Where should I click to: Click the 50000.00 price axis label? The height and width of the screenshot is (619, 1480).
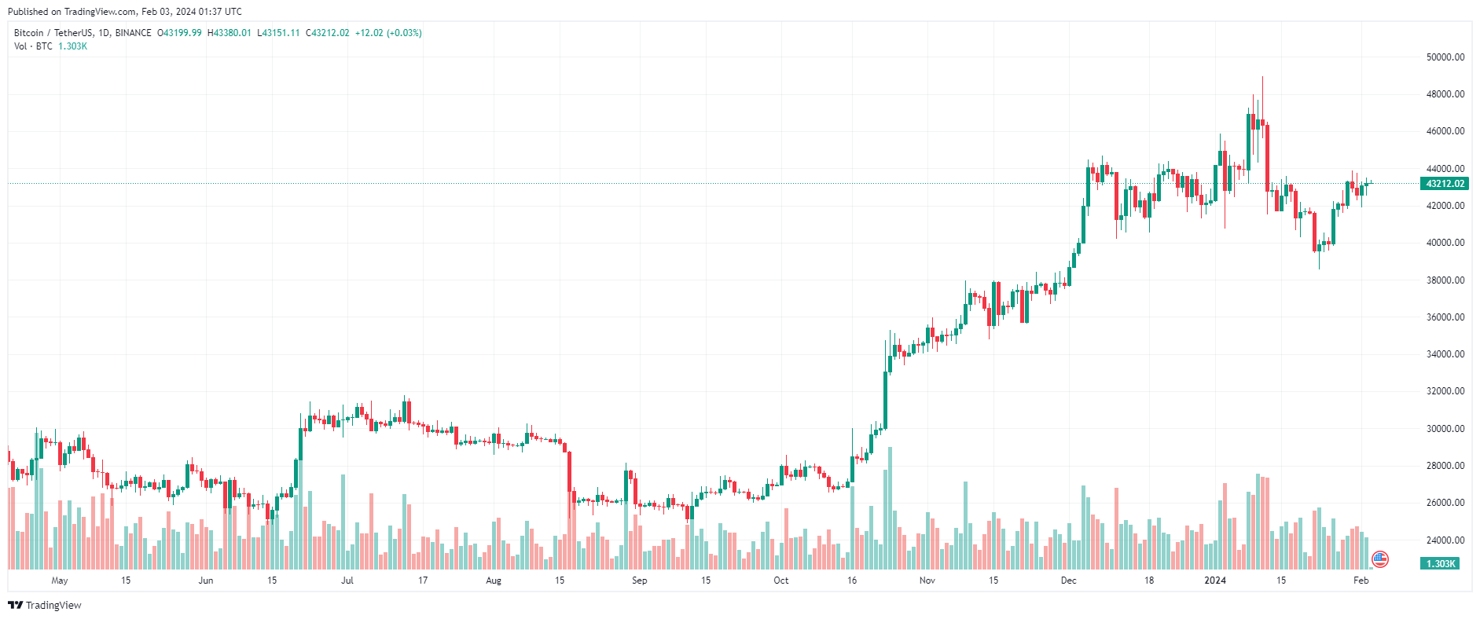pos(1445,57)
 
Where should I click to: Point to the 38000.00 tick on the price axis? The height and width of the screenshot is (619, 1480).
pos(1445,280)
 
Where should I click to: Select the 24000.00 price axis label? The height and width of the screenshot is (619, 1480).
pos(1445,540)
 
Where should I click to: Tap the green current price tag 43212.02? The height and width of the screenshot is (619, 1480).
pos(1445,184)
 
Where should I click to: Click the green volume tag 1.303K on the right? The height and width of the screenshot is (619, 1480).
pos(1440,564)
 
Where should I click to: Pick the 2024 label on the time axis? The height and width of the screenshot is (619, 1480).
pos(1215,581)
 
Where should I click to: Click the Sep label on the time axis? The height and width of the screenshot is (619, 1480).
pos(639,581)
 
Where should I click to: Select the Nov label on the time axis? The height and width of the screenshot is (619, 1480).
pos(927,581)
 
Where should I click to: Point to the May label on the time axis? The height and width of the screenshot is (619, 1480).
pos(60,581)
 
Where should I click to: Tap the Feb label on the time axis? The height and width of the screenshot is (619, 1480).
pos(1361,581)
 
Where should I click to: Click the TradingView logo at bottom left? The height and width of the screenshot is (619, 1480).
pos(45,605)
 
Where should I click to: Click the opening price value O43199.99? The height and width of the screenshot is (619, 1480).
pos(180,33)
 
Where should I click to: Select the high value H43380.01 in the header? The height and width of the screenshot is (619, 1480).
pos(230,33)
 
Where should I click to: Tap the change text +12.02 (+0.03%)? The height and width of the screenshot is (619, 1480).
pos(388,33)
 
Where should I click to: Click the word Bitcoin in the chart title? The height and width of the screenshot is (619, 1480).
pos(29,33)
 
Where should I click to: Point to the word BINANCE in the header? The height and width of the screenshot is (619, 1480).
pos(133,33)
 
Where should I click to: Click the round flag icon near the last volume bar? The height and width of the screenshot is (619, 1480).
pos(1379,559)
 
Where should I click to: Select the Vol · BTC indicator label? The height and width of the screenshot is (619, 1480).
pos(33,46)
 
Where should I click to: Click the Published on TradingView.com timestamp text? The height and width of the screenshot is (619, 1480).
pos(125,12)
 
